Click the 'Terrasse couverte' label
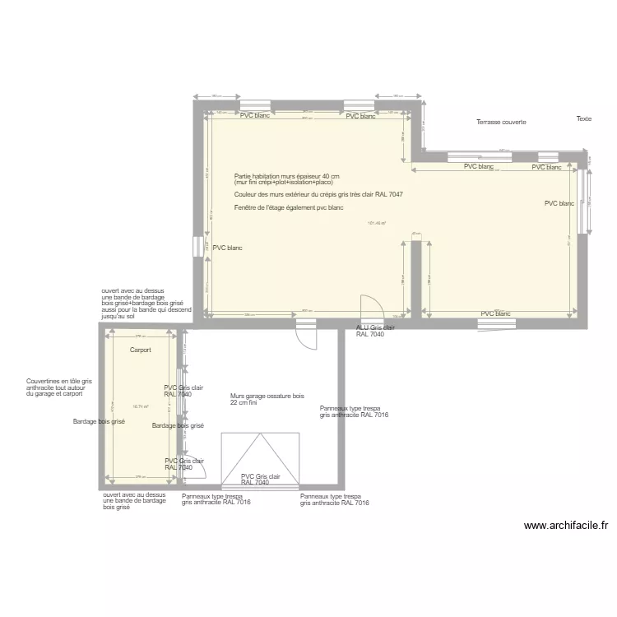501,122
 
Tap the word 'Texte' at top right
583,118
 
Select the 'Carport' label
140,350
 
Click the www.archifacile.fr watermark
566,526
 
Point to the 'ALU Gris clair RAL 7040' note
375,331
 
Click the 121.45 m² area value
377,222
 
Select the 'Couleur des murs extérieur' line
318,195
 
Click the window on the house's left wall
197,247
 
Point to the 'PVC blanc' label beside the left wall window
227,248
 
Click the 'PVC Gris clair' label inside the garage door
261,480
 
